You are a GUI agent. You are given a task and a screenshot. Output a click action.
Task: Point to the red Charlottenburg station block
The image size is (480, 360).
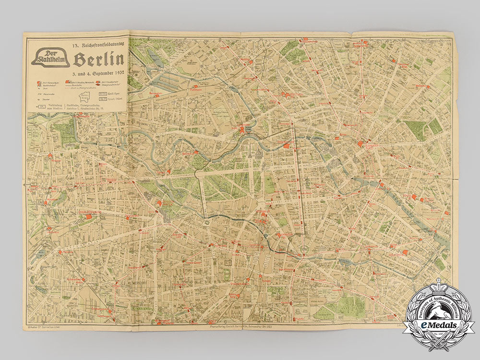(x=88, y=217)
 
